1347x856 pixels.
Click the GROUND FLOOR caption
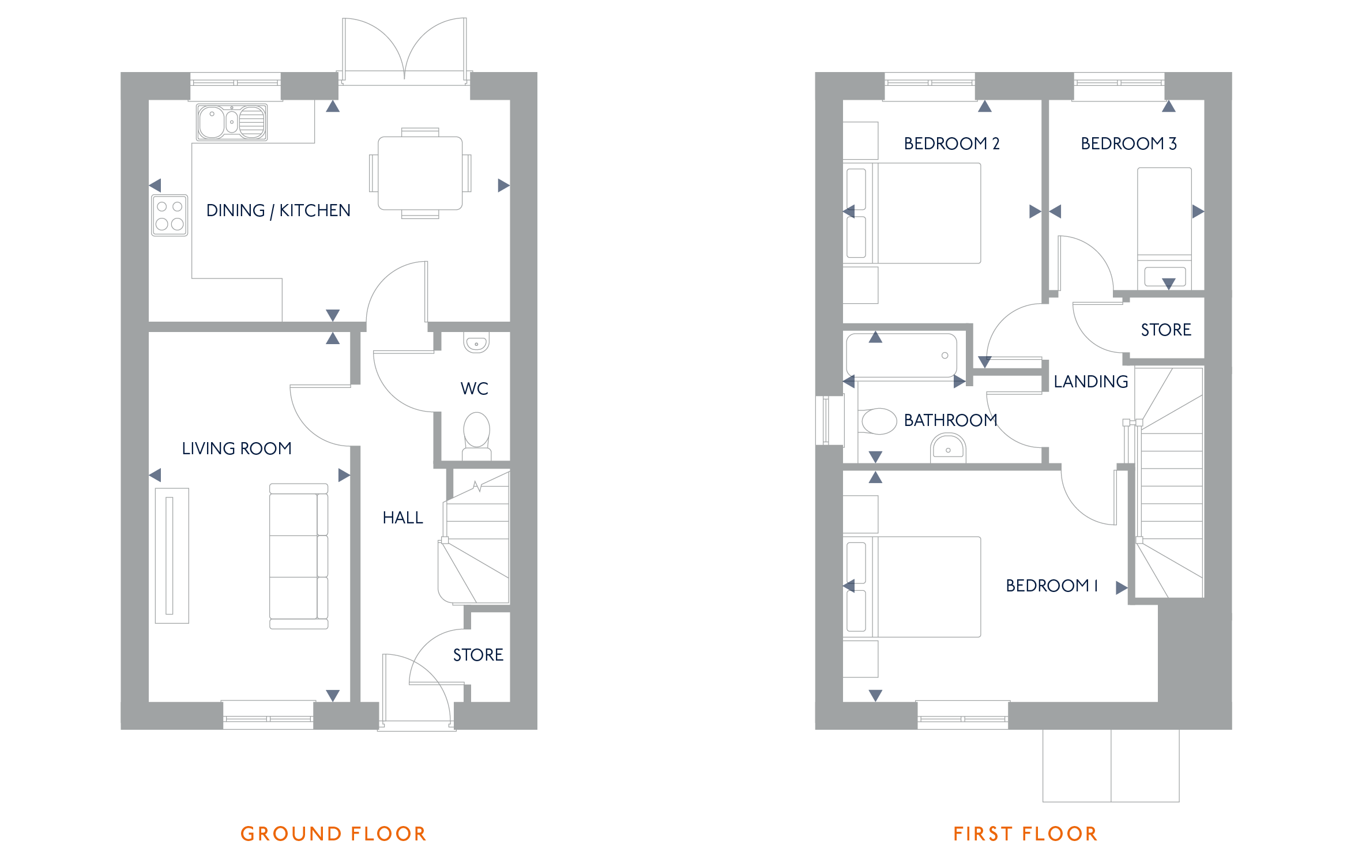pyautogui.click(x=333, y=834)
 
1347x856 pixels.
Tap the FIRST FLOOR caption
pyautogui.click(x=1025, y=834)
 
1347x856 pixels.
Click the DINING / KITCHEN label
pyautogui.click(x=279, y=210)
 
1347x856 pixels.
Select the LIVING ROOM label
pyautogui.click(x=236, y=448)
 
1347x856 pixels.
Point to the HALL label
pyautogui.click(x=403, y=518)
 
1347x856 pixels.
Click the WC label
pyautogui.click(x=475, y=389)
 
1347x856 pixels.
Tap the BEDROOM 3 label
pyautogui.click(x=1128, y=144)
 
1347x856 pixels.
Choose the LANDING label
pyautogui.click(x=1091, y=382)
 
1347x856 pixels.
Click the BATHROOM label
pyautogui.click(x=950, y=420)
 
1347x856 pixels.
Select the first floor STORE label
pyautogui.click(x=1166, y=330)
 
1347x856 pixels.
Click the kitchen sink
pyautogui.click(x=232, y=122)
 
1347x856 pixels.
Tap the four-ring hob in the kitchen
pyautogui.click(x=170, y=216)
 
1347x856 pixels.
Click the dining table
pyautogui.click(x=420, y=173)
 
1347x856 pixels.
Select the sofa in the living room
pyautogui.click(x=299, y=556)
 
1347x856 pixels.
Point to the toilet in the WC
pyautogui.click(x=477, y=436)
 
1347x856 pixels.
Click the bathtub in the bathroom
pyautogui.click(x=902, y=356)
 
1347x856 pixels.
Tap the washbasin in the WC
pyautogui.click(x=476, y=342)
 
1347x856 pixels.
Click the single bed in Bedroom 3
pyautogui.click(x=1164, y=228)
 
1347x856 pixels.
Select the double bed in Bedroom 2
pyautogui.click(x=912, y=213)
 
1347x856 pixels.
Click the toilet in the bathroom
pyautogui.click(x=878, y=421)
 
